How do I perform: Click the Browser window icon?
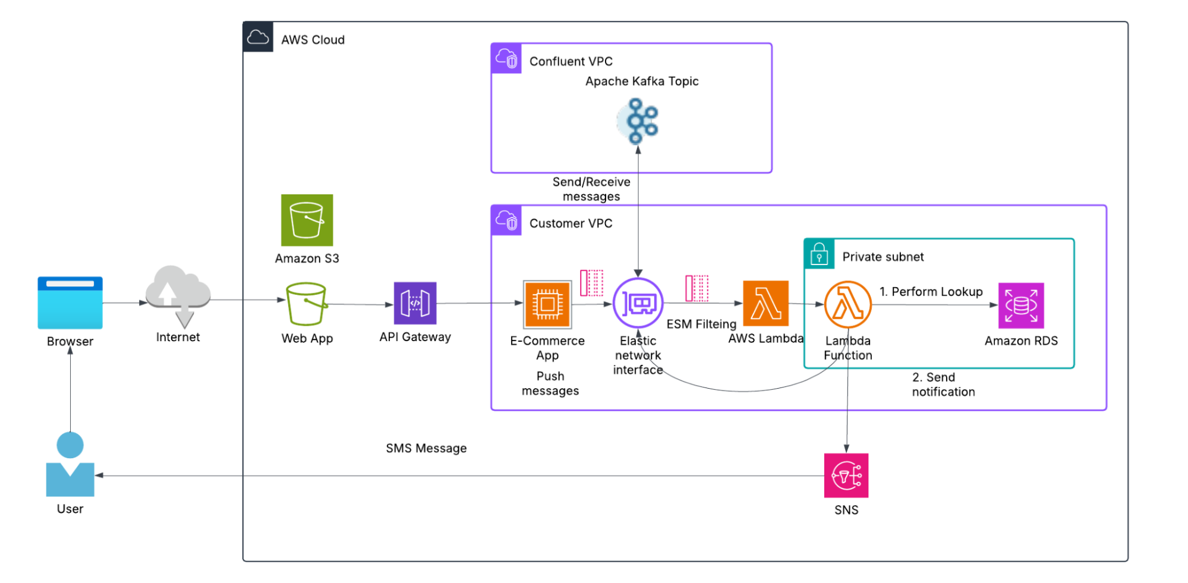70,302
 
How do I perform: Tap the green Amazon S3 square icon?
307,220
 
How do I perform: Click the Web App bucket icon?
307,304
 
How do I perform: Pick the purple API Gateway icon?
415,303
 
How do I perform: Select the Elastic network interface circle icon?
638,303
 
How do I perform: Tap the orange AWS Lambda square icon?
765,303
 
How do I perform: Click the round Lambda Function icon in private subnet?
847,304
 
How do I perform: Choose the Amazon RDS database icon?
1021,305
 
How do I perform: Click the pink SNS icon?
846,475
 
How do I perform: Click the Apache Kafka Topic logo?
638,121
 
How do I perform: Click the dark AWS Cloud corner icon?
258,37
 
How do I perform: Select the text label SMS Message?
426,448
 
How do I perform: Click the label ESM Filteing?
701,324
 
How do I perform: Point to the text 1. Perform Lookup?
931,292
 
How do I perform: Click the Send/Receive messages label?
591,189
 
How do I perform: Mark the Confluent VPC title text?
571,61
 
